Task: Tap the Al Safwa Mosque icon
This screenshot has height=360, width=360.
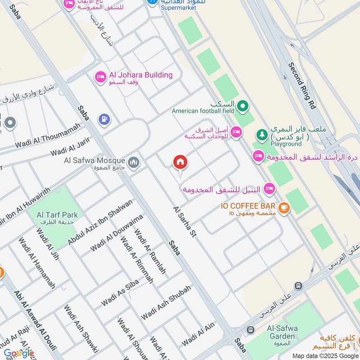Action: (133, 162)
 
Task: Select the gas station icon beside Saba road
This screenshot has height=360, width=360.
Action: (104, 119)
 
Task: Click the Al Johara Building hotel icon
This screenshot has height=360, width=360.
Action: (100, 77)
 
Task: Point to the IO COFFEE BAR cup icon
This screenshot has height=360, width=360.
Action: (283, 207)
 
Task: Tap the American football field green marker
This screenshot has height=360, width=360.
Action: (243, 106)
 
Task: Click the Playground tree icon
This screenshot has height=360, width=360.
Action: (261, 134)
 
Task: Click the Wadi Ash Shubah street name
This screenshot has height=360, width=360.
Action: (166, 302)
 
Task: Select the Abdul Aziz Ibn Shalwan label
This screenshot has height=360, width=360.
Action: (100, 222)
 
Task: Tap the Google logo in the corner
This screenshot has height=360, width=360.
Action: (19, 353)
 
